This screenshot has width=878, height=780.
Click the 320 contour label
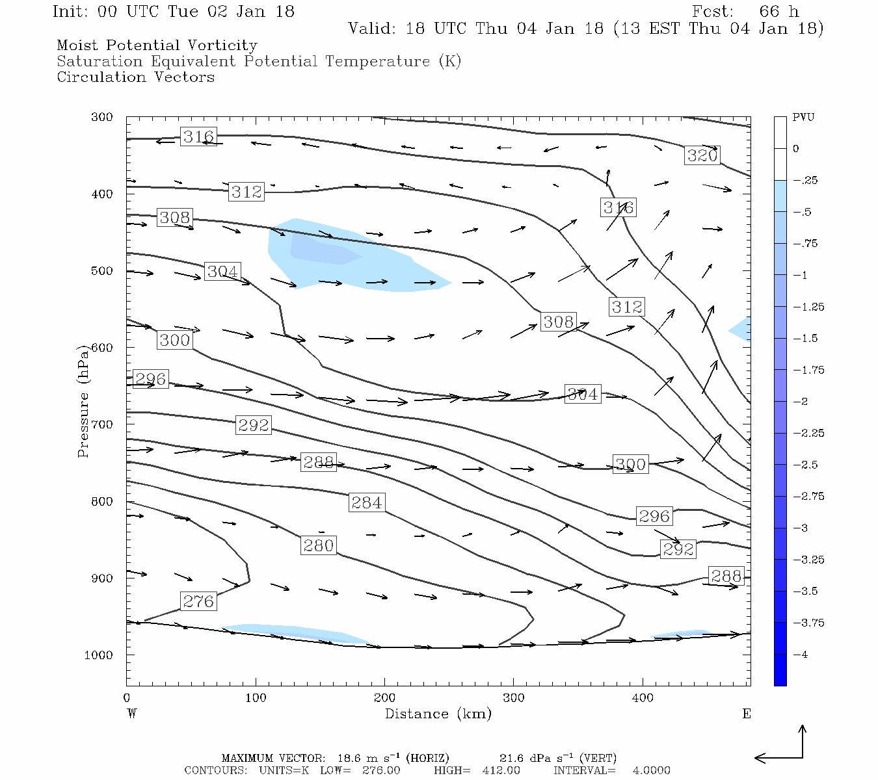[702, 155]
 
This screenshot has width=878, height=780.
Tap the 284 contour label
[367, 502]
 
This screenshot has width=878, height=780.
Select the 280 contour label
[318, 545]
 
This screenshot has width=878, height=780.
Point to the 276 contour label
[198, 601]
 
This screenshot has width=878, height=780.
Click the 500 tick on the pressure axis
[102, 271]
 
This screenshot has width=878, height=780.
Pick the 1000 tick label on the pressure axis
[99, 655]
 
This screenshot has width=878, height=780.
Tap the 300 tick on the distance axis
[514, 698]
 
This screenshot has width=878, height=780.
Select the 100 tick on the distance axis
[256, 698]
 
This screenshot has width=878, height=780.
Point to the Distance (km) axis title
[438, 714]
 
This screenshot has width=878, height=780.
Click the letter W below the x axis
[132, 714]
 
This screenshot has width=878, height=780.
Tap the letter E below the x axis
[747, 714]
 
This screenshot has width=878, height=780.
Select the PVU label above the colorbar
[803, 118]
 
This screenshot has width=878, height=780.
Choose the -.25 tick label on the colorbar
[805, 181]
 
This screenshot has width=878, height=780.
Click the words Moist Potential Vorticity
[157, 45]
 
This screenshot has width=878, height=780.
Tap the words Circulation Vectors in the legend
[135, 77]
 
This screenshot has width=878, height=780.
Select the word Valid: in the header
[371, 29]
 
